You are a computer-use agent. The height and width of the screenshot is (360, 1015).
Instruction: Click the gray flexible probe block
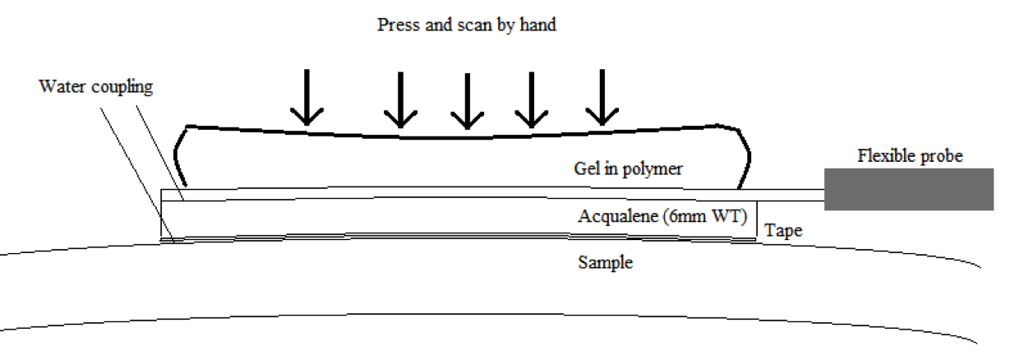point(908,189)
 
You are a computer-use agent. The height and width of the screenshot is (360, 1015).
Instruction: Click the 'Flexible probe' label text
point(909,155)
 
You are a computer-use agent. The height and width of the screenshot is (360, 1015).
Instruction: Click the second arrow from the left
point(400,99)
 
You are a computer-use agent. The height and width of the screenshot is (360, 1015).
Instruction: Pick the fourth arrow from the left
point(531,99)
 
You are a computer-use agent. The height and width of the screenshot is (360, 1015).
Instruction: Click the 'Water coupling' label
point(96,87)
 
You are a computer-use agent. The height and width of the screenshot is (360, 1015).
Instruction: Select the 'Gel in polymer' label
point(628,169)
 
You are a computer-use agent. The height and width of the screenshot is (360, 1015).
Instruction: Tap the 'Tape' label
point(783,231)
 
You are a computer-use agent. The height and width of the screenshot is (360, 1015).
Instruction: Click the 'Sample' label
point(605,263)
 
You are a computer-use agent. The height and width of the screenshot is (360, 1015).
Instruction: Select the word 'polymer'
point(655,169)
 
